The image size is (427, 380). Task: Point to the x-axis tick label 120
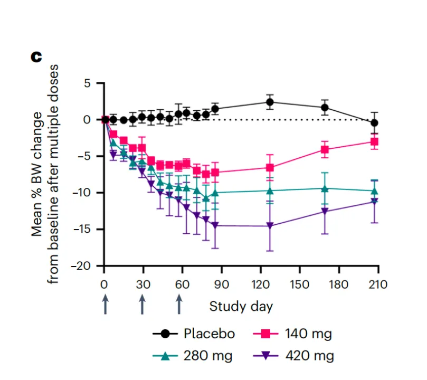tap(260, 284)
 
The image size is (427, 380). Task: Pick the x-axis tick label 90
tap(221, 284)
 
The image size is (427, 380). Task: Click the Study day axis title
tap(241, 306)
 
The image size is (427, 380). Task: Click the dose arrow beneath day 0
tap(105, 305)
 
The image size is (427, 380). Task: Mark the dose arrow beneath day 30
tap(143, 305)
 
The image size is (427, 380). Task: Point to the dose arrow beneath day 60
tap(179, 305)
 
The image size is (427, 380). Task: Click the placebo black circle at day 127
tap(270, 102)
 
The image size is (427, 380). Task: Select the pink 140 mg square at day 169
tap(325, 150)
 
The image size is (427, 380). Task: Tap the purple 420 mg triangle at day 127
tap(270, 226)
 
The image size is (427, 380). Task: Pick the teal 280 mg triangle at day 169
tap(325, 188)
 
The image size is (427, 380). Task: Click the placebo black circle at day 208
tap(375, 123)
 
